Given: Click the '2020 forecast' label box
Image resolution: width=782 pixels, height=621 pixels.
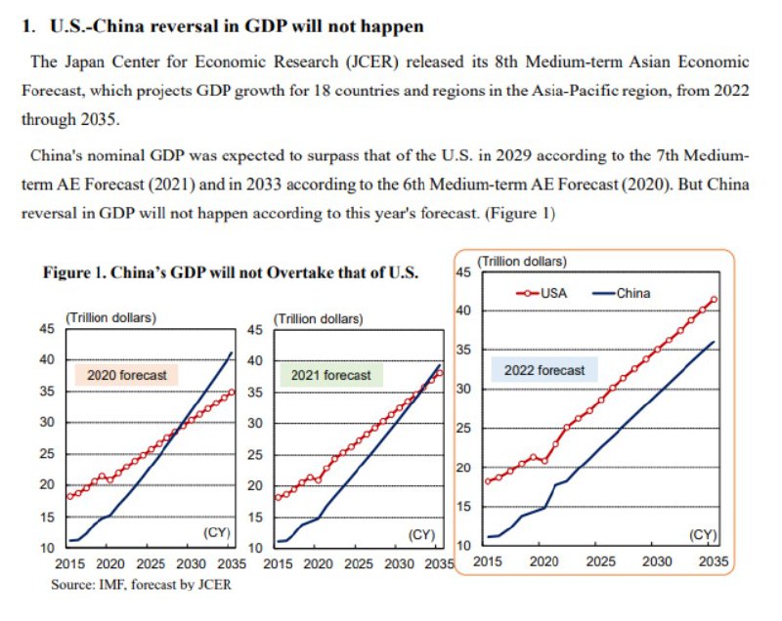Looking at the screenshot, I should click(x=127, y=375).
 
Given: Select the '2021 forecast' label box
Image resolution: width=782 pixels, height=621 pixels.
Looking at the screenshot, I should click(x=331, y=375).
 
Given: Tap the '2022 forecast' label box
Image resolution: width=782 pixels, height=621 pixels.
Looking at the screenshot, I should click(x=544, y=370).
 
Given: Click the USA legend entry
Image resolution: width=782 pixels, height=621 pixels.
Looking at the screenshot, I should click(x=542, y=292).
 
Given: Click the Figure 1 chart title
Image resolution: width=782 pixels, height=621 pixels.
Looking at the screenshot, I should click(x=231, y=272).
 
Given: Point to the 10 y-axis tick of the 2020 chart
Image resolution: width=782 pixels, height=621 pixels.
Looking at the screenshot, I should click(x=46, y=548).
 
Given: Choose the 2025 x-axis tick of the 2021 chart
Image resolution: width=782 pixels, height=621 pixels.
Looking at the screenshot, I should click(x=359, y=564).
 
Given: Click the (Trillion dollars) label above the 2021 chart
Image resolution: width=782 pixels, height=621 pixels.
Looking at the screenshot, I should click(x=320, y=318).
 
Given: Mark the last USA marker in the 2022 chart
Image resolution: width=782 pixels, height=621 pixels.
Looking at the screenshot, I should click(x=714, y=299).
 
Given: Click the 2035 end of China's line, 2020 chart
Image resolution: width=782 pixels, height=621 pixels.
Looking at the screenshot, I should click(x=231, y=352).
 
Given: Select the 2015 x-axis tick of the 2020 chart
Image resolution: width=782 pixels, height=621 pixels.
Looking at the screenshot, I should click(x=69, y=564).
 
